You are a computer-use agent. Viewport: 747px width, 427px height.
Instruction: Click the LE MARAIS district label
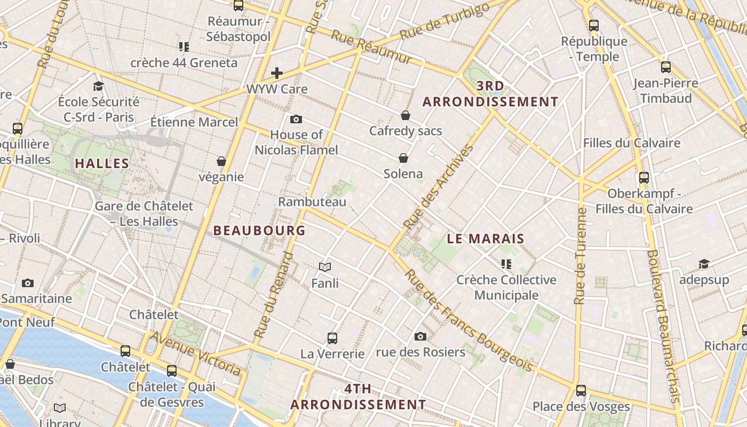pos(486,239)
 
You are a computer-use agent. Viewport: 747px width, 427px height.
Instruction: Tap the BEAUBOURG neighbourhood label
pos(259,231)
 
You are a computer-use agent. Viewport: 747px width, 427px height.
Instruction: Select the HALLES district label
pos(102,163)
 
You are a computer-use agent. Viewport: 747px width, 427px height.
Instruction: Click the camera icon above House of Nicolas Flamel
pos(296,119)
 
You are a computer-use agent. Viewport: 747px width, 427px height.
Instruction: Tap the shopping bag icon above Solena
pos(403,158)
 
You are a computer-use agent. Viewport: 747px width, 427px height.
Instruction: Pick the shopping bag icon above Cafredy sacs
pos(406,115)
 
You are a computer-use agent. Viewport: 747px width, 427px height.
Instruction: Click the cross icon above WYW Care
pos(277,73)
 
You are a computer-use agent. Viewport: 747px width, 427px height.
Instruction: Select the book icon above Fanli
pos(325,267)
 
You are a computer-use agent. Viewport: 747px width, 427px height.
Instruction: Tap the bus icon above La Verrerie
pos(332,338)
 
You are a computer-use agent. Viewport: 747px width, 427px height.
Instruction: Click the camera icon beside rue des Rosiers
pos(420,336)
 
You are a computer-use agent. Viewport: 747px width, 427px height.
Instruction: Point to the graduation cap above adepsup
pos(704,264)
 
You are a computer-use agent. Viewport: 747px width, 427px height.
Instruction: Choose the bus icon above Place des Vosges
pos(581,391)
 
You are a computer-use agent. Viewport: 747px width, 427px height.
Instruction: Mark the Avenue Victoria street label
pos(195,353)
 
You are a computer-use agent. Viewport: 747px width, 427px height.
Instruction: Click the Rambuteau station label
pos(312,202)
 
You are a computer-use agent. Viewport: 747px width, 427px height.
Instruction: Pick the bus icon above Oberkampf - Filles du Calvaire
pos(644,178)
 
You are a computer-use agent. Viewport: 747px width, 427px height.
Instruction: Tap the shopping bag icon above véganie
pos(221,161)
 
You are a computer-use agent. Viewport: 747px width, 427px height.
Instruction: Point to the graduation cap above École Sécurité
pos(98,86)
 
